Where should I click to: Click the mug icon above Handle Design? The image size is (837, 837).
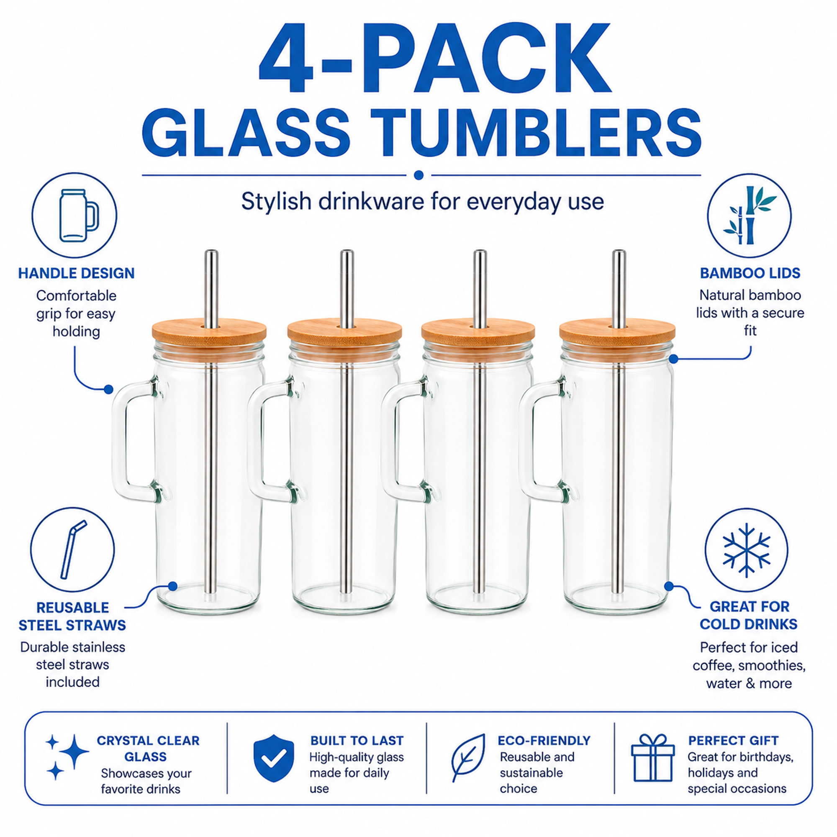[x=78, y=215]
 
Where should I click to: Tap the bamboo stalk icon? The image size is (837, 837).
[x=749, y=215]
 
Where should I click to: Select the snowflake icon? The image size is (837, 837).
[x=747, y=550]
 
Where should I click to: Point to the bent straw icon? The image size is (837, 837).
[x=73, y=549]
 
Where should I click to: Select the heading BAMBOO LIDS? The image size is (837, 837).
[x=750, y=273]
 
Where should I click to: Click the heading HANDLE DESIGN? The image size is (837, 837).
[x=76, y=273]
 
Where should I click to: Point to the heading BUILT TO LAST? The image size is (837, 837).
[x=357, y=740]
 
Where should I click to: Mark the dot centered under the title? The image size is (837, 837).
[x=418, y=175]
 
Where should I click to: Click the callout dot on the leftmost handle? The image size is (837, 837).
[x=108, y=389]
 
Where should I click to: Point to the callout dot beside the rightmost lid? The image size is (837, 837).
[x=673, y=359]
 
